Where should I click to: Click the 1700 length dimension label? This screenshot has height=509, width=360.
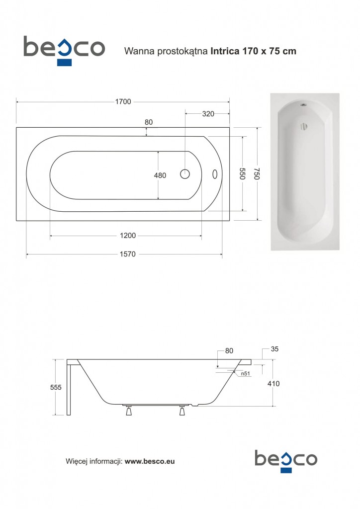123,102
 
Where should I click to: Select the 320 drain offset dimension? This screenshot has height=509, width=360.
208,114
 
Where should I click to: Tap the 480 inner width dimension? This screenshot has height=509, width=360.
160,175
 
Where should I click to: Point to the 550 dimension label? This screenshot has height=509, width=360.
243,174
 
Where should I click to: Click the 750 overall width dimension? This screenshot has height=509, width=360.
257,174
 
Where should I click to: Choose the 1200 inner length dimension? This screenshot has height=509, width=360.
128,236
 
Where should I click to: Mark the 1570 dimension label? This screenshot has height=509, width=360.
128,254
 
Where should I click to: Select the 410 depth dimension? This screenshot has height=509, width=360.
273,384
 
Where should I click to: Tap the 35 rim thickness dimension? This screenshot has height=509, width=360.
275,349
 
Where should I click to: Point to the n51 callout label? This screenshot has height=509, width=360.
245,374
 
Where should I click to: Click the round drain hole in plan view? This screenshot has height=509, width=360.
185,174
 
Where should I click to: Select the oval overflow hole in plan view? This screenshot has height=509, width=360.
215,174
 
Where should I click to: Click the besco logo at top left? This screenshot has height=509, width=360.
64,49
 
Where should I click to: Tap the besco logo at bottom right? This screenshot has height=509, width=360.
285,460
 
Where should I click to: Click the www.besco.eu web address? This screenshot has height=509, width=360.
149,461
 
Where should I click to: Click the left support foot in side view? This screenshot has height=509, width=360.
129,411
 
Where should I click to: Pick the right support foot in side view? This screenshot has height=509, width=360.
182,411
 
